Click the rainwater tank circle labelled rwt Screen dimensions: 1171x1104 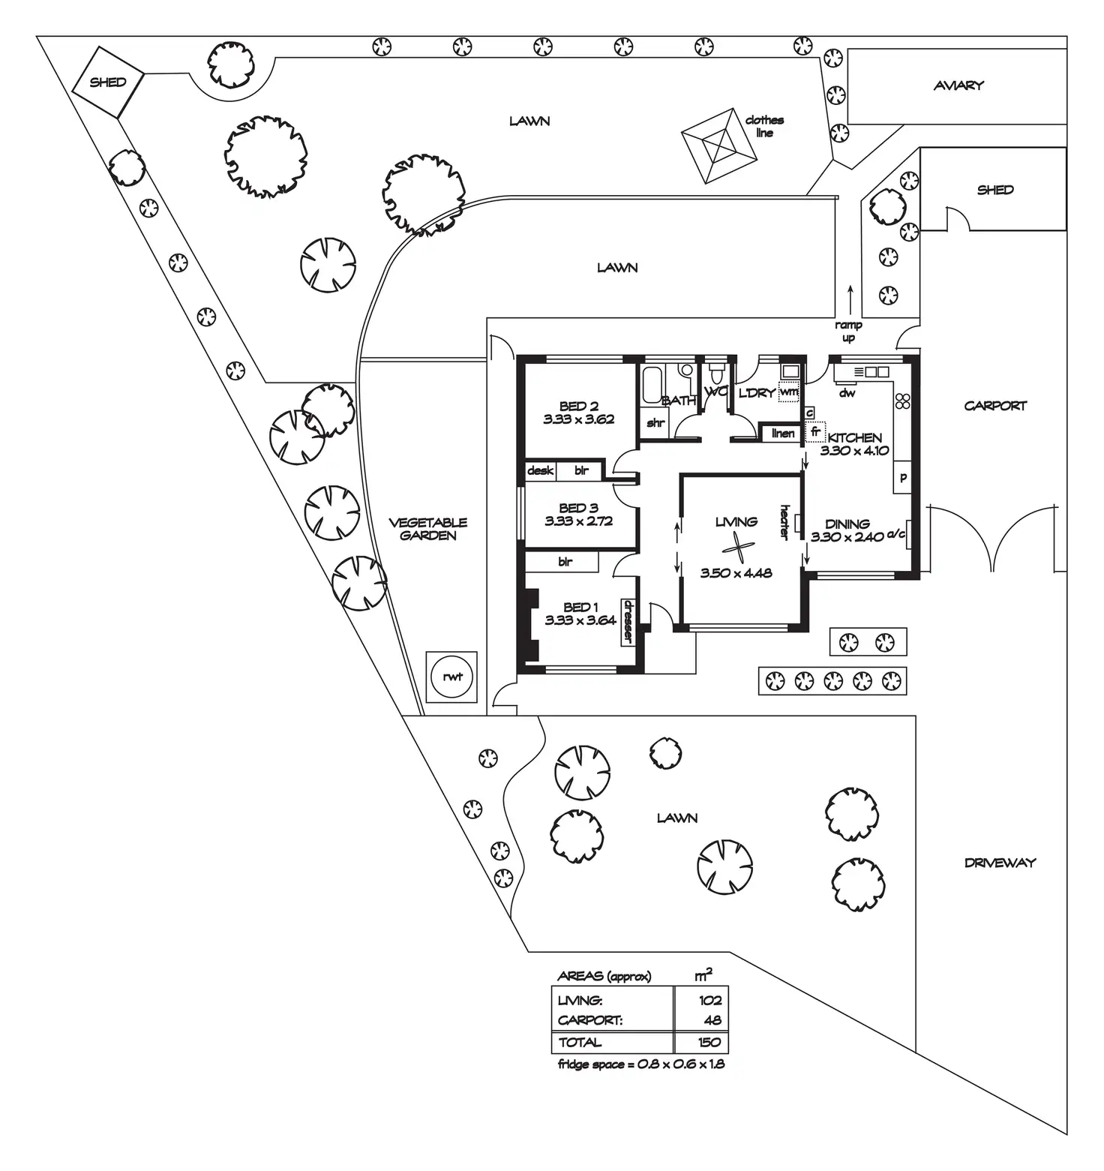[x=452, y=677]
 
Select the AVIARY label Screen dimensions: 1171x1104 [x=958, y=86]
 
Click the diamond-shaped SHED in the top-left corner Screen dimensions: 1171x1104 [x=108, y=83]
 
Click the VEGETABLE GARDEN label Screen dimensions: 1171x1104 [x=428, y=529]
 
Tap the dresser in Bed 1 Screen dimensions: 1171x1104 [x=628, y=621]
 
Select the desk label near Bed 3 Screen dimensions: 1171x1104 [x=540, y=471]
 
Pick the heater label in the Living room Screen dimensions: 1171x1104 [x=784, y=521]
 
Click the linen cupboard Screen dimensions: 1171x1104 [x=782, y=434]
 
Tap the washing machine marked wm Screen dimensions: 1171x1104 [x=789, y=392]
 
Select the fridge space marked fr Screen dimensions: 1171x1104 [x=815, y=432]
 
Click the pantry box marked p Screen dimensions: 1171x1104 [x=903, y=478]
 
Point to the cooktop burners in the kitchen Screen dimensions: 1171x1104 [x=902, y=401]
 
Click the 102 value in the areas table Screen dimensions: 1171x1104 [x=709, y=1000]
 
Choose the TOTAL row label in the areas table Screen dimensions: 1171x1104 [x=580, y=1042]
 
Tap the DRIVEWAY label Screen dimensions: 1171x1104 [x=999, y=863]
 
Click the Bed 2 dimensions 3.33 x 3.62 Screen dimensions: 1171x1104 [x=579, y=419]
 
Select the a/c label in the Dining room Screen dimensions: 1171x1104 [x=896, y=534]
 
